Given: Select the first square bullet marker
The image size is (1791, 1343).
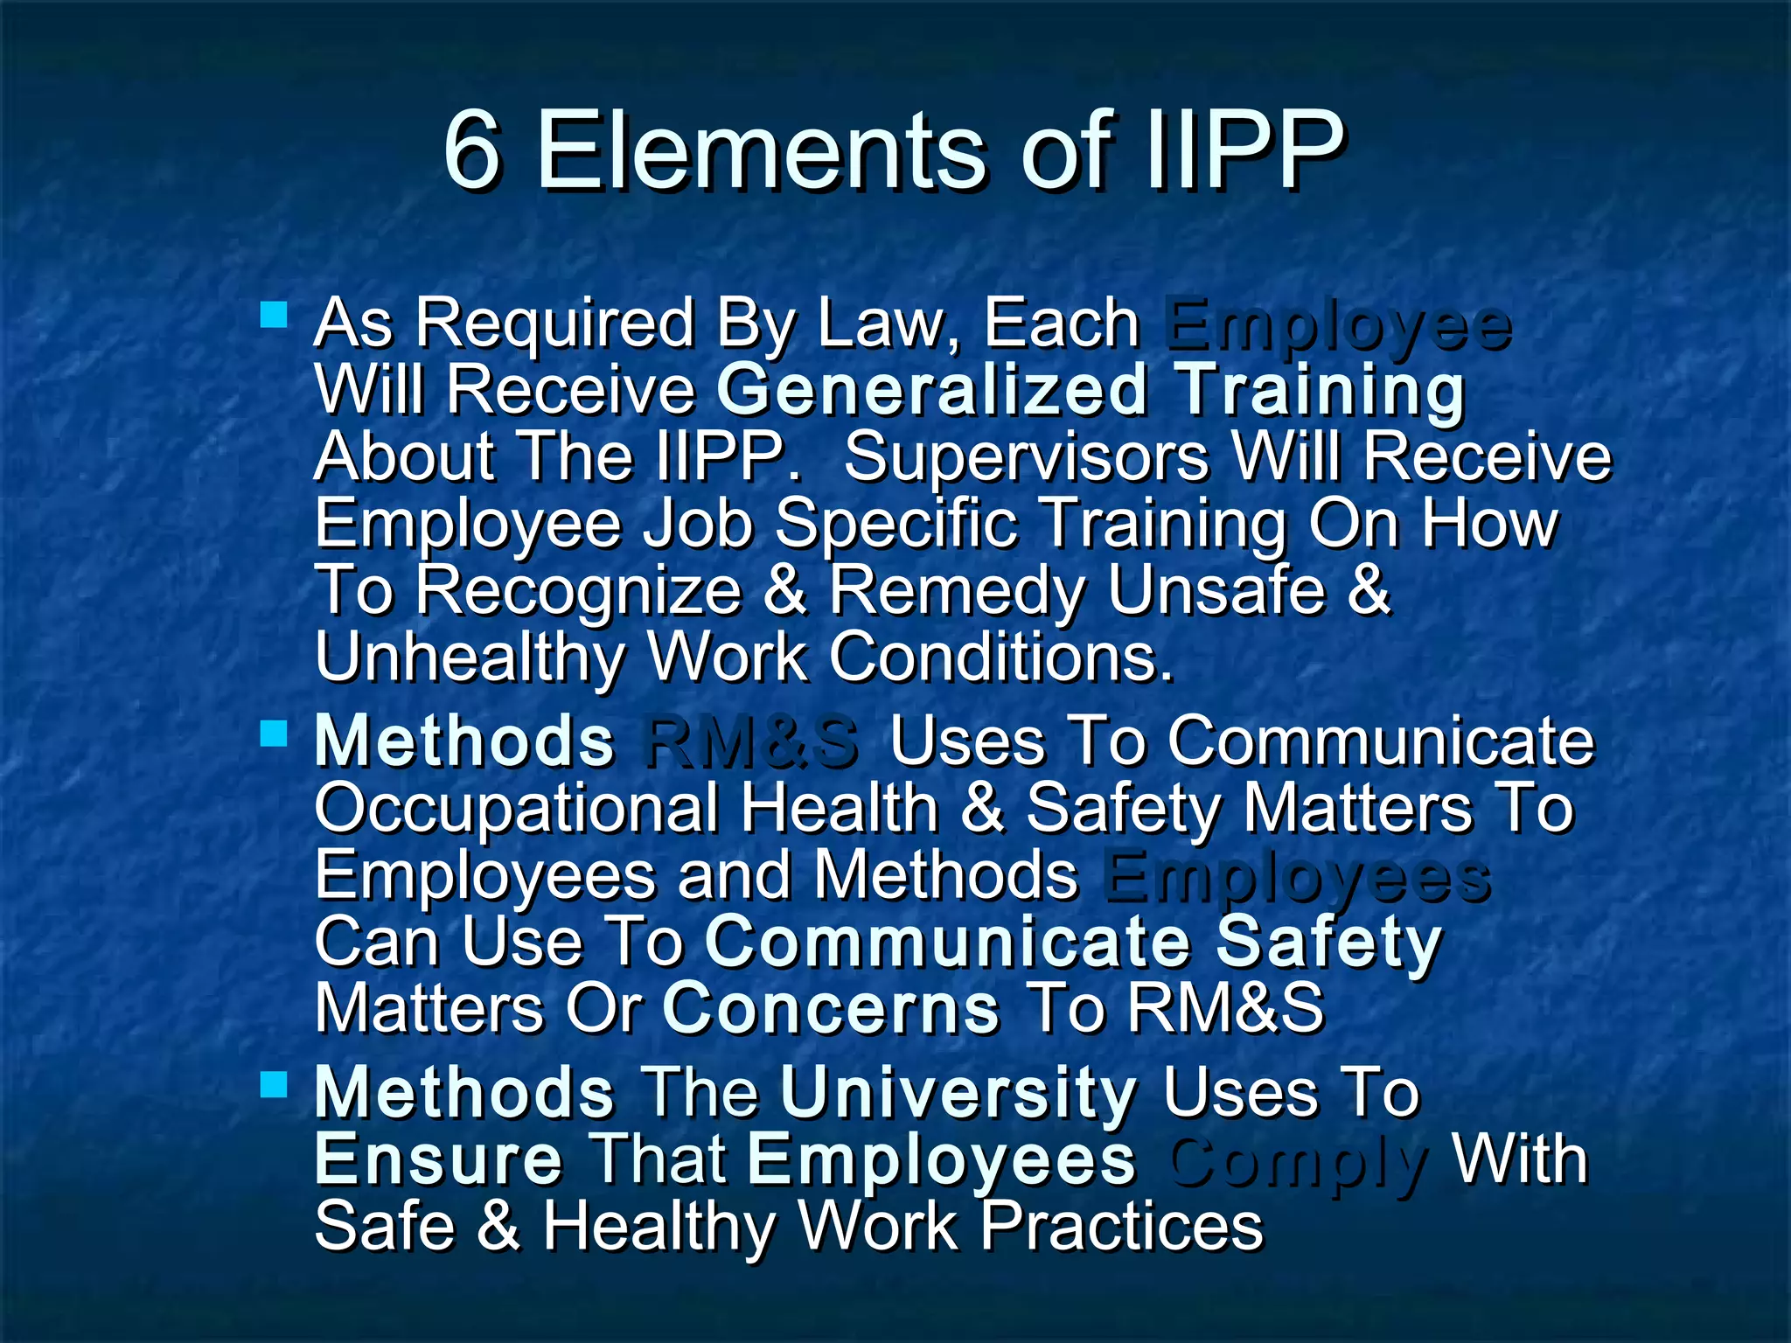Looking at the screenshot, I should point(274,314).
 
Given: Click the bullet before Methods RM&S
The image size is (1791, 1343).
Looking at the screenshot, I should point(274,733).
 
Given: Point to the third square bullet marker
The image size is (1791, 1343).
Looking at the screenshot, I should point(274,1084).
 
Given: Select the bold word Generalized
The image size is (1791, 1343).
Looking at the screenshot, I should point(931,390).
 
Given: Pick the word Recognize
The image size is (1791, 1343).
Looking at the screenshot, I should point(578,590).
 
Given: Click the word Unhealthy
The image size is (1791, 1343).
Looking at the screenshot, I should point(469,658).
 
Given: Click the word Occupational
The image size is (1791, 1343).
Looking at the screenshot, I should point(516,808).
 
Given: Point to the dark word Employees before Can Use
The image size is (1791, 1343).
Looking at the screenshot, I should point(1296,875).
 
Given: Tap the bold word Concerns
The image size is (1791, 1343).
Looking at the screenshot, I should point(831,1008).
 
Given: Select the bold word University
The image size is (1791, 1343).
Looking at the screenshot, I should point(958,1093).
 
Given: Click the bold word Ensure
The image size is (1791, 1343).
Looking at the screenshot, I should point(438,1159).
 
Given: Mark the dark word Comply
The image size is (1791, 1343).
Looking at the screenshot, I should point(1298,1161).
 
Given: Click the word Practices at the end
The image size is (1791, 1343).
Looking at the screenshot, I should point(1121,1226).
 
